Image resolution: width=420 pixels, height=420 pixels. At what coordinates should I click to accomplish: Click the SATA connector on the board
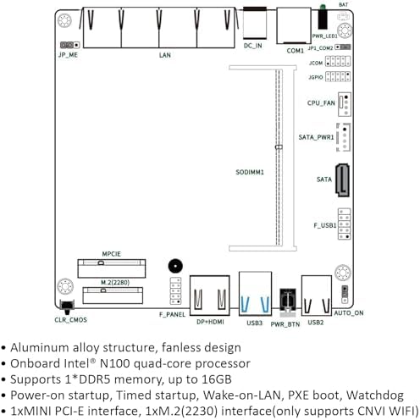tap(342, 180)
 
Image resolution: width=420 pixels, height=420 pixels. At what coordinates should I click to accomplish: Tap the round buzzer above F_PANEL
tap(175, 266)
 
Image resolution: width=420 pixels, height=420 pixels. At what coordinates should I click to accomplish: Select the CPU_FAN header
tap(345, 104)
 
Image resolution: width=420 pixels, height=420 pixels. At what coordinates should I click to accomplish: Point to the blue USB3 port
tap(255, 294)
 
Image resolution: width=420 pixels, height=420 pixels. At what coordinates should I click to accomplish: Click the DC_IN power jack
tap(255, 23)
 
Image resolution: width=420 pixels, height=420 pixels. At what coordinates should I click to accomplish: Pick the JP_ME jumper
tap(69, 45)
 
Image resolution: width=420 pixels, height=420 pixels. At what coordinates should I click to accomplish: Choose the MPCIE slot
tap(112, 268)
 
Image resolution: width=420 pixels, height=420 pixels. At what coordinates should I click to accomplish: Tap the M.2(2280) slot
tap(113, 296)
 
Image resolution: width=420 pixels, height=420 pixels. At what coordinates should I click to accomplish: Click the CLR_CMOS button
tap(67, 307)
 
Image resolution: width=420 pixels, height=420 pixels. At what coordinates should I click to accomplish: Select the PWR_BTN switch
tap(288, 301)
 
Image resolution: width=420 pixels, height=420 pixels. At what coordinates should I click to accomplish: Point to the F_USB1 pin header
tap(345, 224)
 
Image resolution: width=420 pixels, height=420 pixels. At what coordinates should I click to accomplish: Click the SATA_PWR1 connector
tap(344, 137)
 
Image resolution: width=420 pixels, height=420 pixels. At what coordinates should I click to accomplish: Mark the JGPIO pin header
tap(338, 76)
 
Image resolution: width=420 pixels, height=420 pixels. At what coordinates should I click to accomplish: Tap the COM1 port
tap(294, 26)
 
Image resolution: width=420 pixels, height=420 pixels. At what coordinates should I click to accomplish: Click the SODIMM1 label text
tap(250, 172)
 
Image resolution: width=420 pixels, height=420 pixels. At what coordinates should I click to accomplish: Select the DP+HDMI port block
tap(210, 296)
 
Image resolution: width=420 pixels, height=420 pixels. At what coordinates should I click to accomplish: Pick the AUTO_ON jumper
tap(345, 295)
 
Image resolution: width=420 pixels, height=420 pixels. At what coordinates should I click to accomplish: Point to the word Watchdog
tap(375, 395)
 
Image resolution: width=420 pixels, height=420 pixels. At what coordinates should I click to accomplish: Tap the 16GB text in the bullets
tap(217, 379)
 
